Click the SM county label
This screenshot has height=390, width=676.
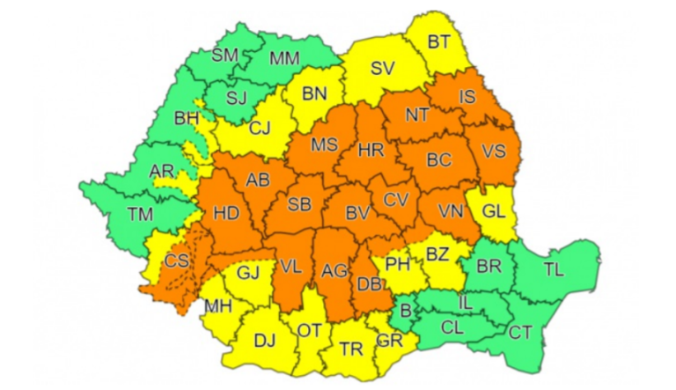(225, 55)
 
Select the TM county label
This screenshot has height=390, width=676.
(140, 214)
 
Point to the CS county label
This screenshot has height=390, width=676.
(178, 261)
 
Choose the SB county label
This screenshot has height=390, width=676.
(300, 205)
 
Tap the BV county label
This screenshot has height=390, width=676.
(357, 212)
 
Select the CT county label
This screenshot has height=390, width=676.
(521, 331)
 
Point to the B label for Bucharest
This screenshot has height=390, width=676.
(406, 310)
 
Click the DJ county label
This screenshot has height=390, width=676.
(263, 340)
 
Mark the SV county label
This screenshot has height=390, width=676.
(381, 67)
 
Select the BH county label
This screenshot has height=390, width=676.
(187, 116)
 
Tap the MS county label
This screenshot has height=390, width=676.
(326, 143)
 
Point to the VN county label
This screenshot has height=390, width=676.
(452, 212)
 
